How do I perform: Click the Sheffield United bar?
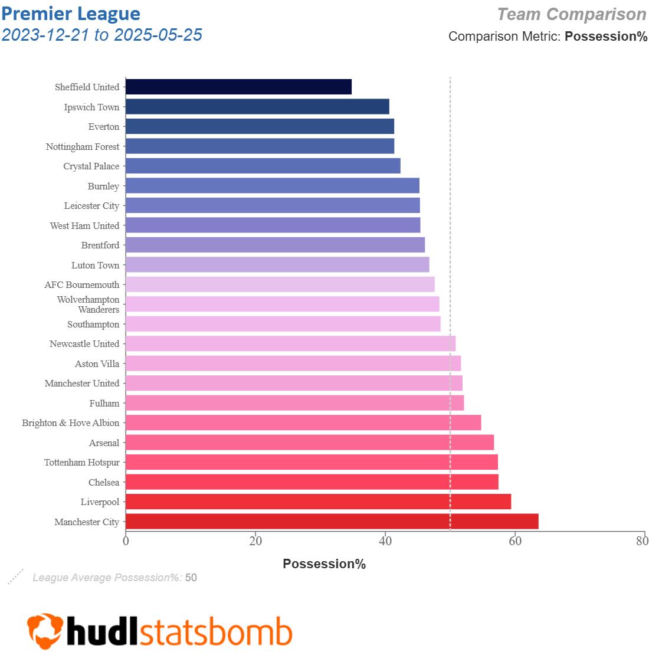click(238, 87)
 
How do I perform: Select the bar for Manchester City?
click(332, 522)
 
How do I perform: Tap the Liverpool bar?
click(318, 502)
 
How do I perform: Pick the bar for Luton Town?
click(277, 264)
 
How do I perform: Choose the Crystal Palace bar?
click(263, 166)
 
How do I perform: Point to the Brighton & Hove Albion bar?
click(303, 422)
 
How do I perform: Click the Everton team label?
click(104, 127)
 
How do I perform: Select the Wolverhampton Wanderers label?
click(88, 304)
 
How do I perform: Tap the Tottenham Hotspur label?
click(82, 463)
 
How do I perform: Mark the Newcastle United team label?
click(84, 344)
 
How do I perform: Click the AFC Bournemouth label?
click(82, 285)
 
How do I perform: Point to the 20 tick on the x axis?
click(255, 541)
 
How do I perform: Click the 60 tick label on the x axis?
click(515, 541)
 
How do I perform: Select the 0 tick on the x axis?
click(126, 541)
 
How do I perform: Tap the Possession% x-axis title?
click(324, 564)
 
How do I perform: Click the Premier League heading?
click(71, 14)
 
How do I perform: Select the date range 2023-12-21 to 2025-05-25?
click(102, 35)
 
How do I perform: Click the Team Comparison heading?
click(572, 14)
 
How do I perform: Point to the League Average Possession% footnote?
click(114, 578)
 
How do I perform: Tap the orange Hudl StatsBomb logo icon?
click(45, 631)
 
